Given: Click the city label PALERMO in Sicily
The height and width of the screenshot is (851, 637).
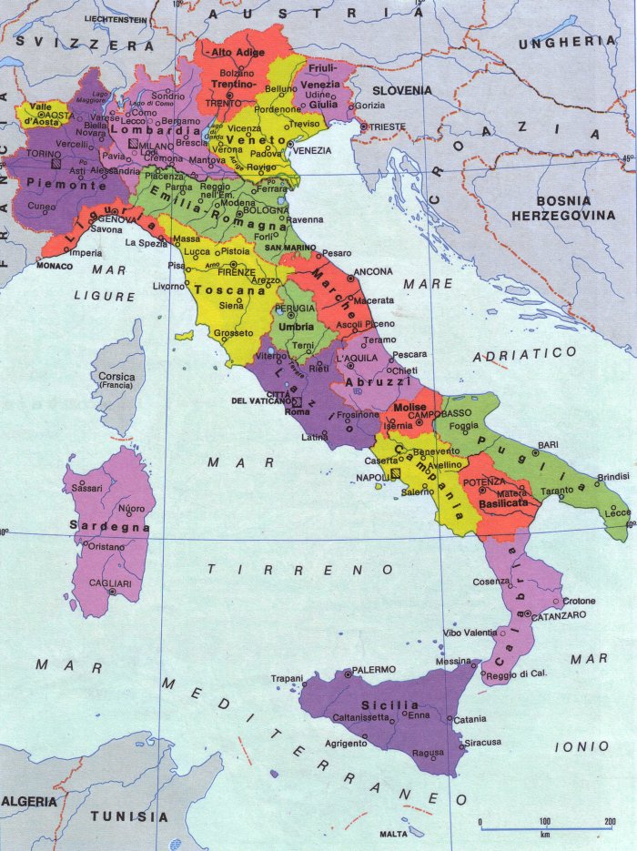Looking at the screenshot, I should tap(373, 670).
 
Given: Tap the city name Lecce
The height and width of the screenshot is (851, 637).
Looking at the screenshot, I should tap(617, 513).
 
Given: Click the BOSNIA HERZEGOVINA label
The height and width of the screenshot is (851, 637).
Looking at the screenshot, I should tap(563, 208).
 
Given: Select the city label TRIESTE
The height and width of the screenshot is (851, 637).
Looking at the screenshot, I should tap(388, 127).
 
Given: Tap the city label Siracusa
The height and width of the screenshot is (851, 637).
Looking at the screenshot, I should tap(482, 742).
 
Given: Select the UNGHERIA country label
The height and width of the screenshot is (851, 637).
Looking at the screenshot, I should tap(567, 42).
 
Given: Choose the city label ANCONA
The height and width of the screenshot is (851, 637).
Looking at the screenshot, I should tap(373, 271).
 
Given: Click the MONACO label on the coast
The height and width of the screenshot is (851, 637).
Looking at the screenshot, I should tap(54, 266).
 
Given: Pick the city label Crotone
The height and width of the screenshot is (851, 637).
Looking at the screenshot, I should tap(579, 601).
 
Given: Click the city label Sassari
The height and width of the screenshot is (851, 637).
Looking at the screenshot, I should tap(87, 489).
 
